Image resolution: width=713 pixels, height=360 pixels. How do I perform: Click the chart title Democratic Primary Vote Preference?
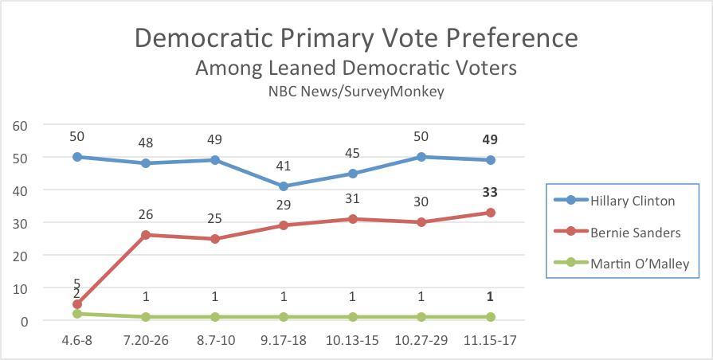(355, 38)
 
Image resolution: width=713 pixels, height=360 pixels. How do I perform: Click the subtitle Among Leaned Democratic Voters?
(355, 68)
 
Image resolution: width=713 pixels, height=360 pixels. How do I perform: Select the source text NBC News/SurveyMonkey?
(356, 91)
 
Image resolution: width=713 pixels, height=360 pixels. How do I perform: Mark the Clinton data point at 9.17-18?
(284, 186)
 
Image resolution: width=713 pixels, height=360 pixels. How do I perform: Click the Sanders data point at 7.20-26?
(146, 235)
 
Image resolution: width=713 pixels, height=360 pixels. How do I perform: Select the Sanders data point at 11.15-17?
(491, 213)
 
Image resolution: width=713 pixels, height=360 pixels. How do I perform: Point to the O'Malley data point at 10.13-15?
(353, 317)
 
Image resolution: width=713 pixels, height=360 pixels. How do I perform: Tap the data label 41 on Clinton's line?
(284, 167)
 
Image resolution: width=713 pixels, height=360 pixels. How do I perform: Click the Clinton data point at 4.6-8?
(77, 157)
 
